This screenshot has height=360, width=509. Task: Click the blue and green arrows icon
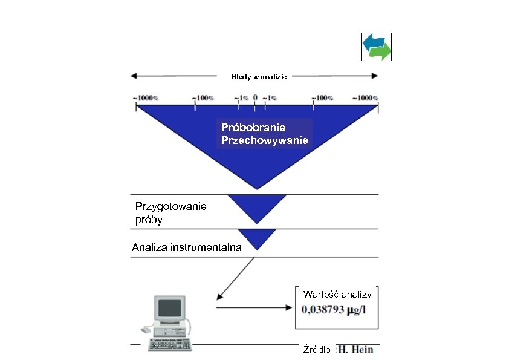point(376,47)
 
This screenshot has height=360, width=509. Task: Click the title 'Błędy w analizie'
point(259,77)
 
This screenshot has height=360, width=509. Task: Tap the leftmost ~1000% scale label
point(145,98)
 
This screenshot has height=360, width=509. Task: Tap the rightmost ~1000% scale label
point(367,98)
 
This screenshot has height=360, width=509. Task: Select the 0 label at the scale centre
point(255,97)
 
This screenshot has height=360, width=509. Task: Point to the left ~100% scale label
point(203,98)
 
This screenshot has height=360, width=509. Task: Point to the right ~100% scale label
point(322,98)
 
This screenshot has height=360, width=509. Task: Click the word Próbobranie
point(253,128)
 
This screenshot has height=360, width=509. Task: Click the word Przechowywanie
point(265,140)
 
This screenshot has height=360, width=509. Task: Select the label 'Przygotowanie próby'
point(170,213)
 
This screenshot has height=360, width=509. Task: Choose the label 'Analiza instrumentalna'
point(187,247)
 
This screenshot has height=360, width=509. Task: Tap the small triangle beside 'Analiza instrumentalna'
point(258,238)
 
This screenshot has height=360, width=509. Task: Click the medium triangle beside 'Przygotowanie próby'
point(258,207)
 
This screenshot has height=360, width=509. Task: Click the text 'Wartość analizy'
point(337,295)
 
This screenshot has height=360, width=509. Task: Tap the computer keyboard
point(170,344)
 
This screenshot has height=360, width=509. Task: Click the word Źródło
point(316,350)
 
